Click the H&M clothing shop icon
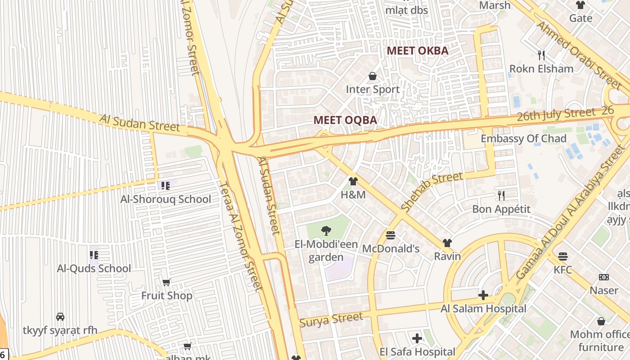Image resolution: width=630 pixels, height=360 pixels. point(353,181)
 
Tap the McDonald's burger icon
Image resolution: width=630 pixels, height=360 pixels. point(391,235)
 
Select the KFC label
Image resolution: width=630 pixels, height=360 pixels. point(562,270)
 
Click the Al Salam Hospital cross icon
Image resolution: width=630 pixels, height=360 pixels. point(483,296)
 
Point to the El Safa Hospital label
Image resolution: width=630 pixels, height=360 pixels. point(417,351)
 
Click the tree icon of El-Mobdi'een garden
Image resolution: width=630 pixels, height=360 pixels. point(326,231)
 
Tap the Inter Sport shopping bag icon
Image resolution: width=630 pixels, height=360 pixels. point(373,76)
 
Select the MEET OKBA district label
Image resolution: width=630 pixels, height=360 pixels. point(418,51)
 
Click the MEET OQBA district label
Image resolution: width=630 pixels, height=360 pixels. point(345,120)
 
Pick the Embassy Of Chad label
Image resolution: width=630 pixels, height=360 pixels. point(523,139)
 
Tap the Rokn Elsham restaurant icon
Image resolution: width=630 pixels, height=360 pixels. point(541,55)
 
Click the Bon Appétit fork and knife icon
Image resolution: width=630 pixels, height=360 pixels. point(501,196)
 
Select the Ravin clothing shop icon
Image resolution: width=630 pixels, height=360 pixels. point(447,243)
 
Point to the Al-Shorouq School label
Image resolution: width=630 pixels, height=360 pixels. point(166,199)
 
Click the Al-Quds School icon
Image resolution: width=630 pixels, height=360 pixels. point(94,255)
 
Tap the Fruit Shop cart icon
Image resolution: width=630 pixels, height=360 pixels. point(166,283)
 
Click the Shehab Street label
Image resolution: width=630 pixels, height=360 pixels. point(432,192)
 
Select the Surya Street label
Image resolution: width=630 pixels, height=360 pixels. point(331,320)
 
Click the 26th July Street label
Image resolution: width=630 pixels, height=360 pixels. point(556,115)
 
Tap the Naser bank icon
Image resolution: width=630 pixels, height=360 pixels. point(604,277)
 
